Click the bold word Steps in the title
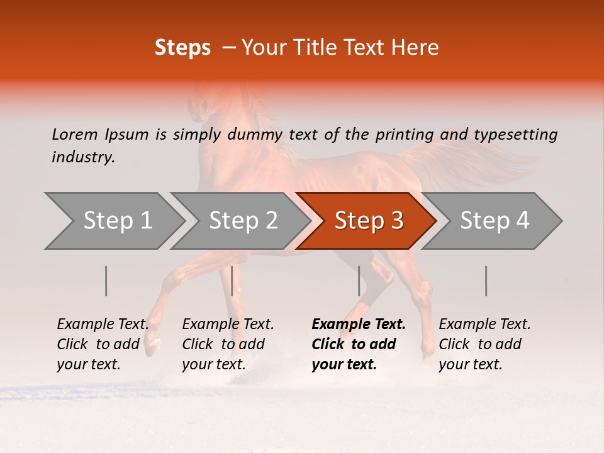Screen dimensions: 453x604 tap(182, 48)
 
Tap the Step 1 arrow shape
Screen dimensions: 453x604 tap(117, 221)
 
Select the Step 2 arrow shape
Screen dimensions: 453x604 tap(243, 221)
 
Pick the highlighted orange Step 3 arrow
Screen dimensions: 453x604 tap(369, 221)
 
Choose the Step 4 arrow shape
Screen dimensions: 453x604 tap(495, 221)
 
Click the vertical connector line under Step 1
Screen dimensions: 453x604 tap(106, 281)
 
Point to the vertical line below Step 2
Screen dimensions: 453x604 tap(232, 281)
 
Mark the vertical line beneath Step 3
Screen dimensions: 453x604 tap(359, 281)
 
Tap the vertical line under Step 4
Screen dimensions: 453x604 tap(486, 281)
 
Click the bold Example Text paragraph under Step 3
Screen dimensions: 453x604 tap(359, 344)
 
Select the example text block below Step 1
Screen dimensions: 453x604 tap(103, 344)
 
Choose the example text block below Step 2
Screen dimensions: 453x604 tap(228, 344)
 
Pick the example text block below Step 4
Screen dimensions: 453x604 tap(484, 344)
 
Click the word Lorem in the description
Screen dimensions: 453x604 tap(75, 135)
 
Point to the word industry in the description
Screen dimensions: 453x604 tap(83, 157)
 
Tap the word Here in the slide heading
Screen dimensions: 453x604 tap(417, 48)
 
